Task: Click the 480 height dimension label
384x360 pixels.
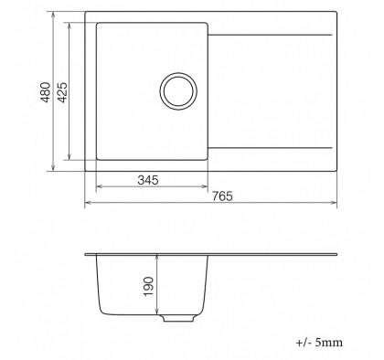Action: [46, 92]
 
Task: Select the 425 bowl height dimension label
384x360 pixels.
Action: [62, 92]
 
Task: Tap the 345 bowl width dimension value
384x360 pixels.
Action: [148, 180]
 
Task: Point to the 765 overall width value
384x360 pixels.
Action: [222, 196]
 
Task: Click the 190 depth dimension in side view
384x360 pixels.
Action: [148, 286]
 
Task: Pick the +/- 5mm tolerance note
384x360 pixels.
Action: [319, 343]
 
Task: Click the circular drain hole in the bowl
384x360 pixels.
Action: [178, 91]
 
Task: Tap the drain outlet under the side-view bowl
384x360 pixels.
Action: [178, 318]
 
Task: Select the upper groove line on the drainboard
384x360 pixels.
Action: [270, 35]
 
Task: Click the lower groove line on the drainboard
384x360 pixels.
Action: [270, 148]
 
